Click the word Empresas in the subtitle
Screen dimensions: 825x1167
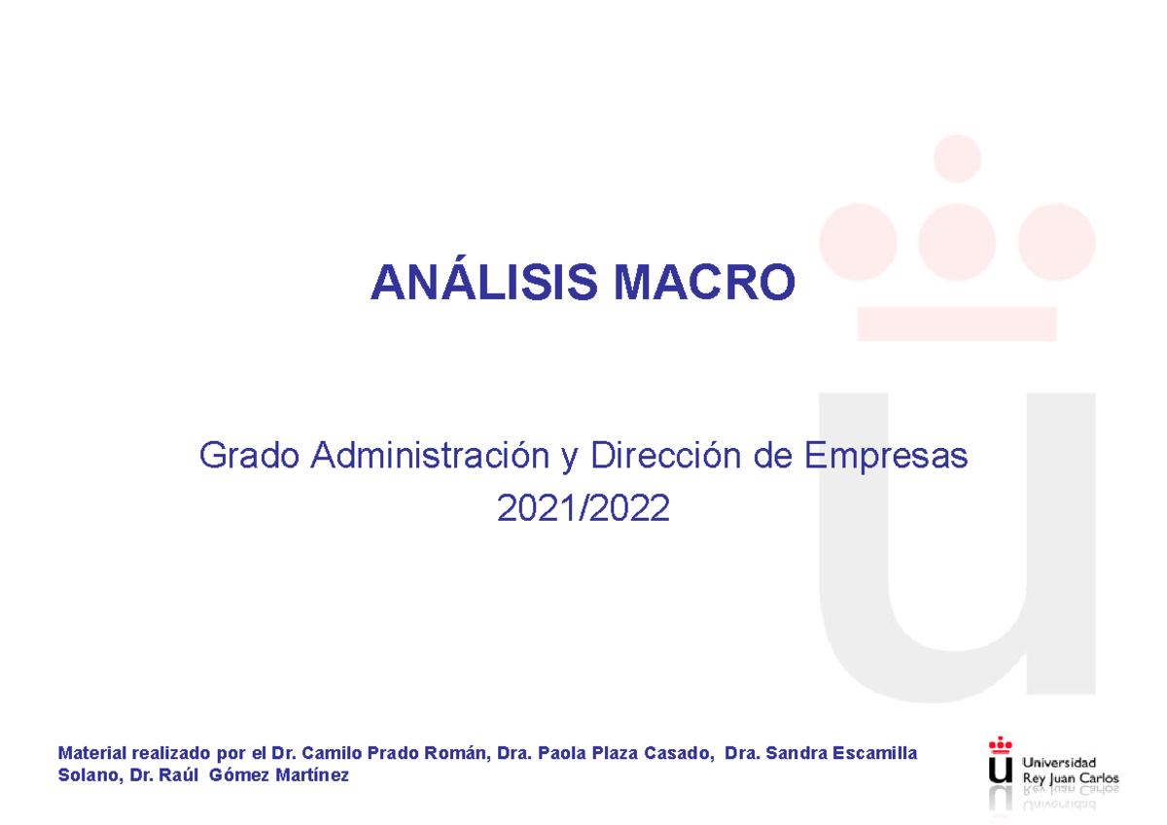(886, 455)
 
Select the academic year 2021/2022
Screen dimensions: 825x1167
(583, 507)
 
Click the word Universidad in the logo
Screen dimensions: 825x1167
(1059, 762)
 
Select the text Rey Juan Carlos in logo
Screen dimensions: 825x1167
(1070, 778)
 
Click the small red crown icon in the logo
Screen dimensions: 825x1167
(1000, 745)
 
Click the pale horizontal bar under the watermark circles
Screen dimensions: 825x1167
(957, 323)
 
